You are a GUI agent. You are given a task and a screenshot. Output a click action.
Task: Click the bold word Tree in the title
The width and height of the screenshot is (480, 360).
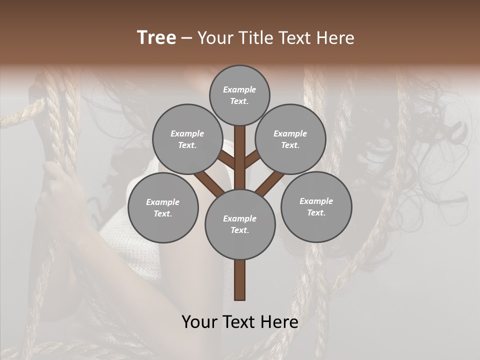click(156, 38)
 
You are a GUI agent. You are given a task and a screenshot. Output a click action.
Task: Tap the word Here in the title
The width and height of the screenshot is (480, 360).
click(335, 38)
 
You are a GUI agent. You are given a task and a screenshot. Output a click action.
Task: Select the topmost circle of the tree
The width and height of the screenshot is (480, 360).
click(239, 95)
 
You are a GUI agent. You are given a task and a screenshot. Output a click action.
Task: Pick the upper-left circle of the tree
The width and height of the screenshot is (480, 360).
click(187, 139)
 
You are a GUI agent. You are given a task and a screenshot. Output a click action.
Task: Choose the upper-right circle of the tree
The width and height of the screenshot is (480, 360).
click(290, 139)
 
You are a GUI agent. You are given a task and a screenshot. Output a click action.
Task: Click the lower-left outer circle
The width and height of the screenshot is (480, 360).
click(163, 207)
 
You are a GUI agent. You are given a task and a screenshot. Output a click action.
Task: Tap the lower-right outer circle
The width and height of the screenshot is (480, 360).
click(316, 206)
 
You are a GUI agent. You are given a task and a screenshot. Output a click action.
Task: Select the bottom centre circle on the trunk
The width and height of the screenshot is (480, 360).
click(240, 224)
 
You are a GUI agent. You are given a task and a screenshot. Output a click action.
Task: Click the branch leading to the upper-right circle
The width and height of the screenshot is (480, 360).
click(253, 160)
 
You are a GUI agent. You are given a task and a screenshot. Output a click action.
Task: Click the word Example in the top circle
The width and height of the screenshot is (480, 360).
click(239, 89)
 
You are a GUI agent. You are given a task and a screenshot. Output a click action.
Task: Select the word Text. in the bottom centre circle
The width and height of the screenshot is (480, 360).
click(239, 230)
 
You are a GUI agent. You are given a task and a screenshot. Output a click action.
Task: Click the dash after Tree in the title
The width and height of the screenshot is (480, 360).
click(187, 38)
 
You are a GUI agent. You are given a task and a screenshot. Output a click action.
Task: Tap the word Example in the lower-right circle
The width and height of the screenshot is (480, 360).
click(316, 201)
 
